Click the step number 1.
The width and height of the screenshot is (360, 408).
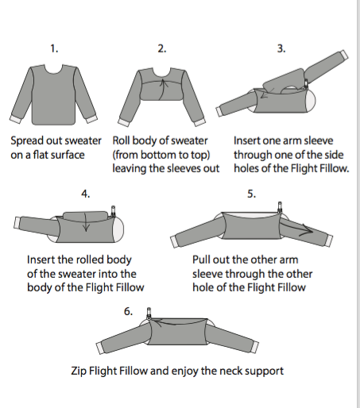tap(54, 49)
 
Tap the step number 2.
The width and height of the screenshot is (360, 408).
tap(161, 49)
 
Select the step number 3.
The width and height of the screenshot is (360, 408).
tap(281, 49)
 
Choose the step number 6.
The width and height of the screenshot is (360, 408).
tap(129, 310)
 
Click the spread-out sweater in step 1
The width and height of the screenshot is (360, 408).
tap(54, 91)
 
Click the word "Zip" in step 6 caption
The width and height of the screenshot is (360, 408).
tap(81, 371)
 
